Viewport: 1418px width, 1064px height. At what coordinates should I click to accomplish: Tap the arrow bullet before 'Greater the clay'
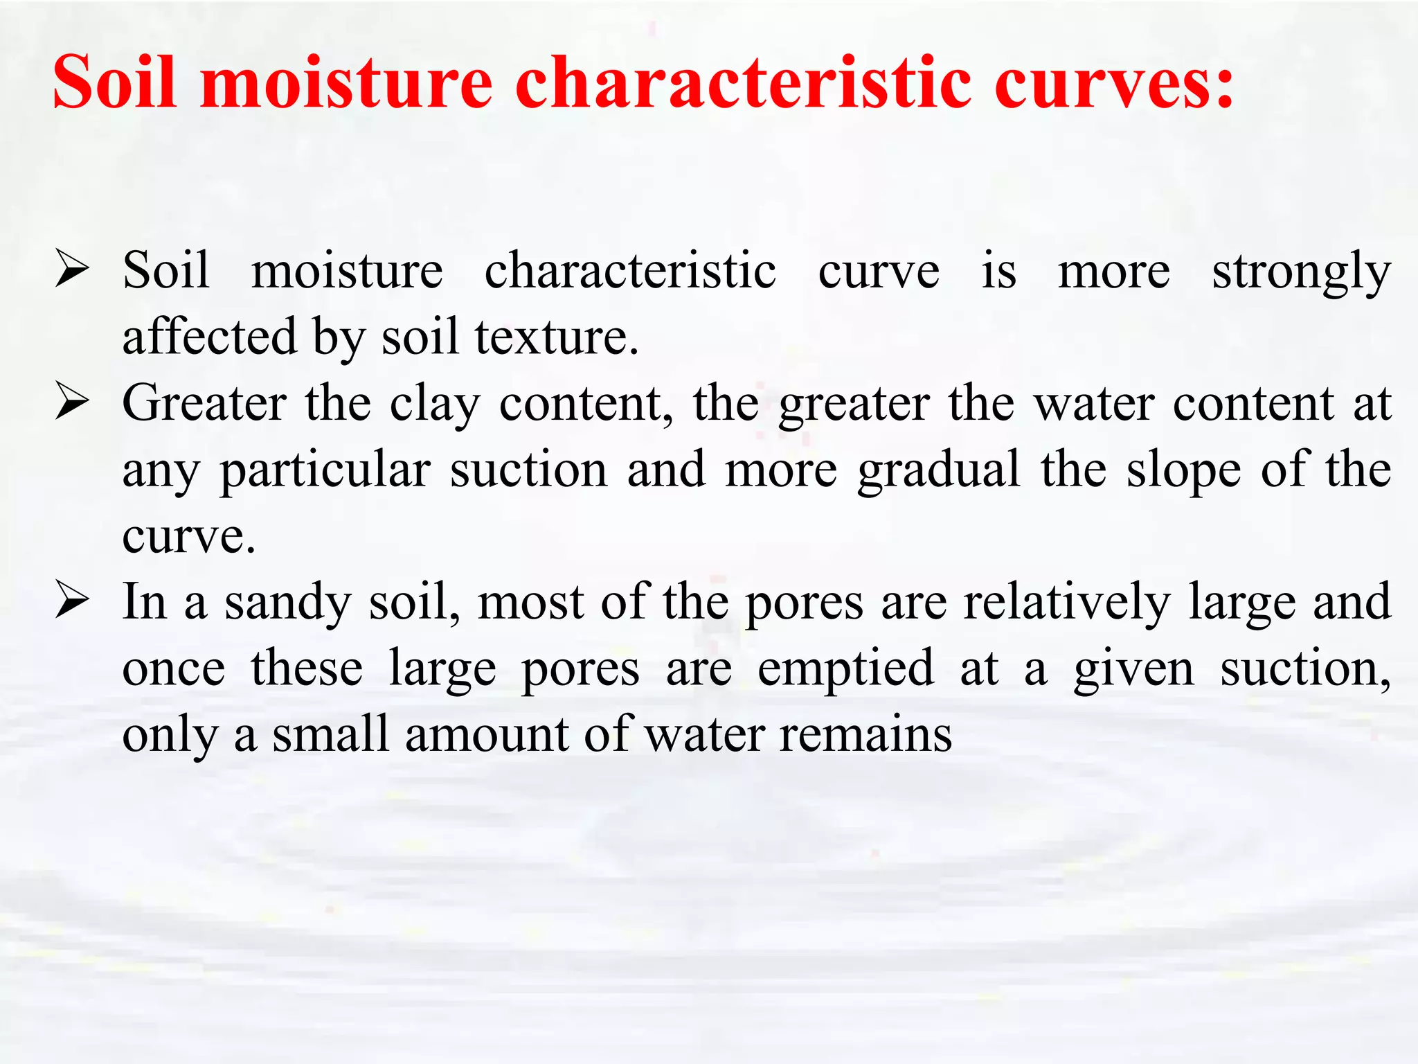click(73, 402)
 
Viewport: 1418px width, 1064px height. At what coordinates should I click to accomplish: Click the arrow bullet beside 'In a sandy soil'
click(73, 601)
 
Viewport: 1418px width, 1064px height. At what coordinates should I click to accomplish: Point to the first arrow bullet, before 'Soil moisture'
click(73, 270)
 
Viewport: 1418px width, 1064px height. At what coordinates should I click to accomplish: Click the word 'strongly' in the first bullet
click(1301, 272)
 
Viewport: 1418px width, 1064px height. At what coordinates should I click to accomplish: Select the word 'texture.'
click(556, 337)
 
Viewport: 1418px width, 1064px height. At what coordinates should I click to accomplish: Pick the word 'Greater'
click(204, 404)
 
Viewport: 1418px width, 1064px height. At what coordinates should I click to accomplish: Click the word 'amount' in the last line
click(486, 735)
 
